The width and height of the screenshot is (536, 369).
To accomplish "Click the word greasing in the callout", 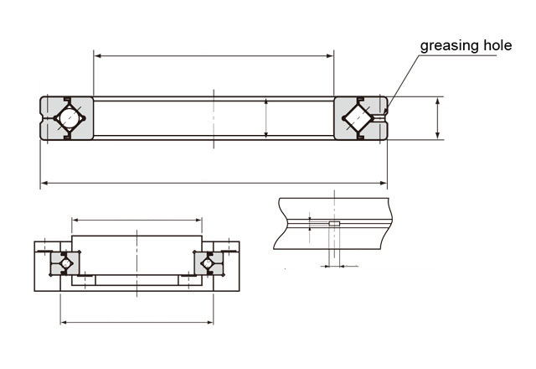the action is click(449, 46).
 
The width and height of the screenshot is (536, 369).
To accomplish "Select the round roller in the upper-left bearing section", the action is click(70, 118).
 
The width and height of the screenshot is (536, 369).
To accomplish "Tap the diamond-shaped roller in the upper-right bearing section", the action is click(358, 118).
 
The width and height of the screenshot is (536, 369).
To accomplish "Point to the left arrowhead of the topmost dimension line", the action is click(97, 56).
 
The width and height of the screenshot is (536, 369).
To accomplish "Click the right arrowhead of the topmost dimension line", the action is click(330, 56).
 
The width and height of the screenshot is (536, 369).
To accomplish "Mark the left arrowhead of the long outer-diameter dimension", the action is click(44, 184).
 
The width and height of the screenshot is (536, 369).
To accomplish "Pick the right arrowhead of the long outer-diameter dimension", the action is click(384, 184).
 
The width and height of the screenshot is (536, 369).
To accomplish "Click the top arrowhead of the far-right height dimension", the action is click(437, 101).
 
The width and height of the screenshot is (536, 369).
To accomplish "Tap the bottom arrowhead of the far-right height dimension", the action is click(437, 136).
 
